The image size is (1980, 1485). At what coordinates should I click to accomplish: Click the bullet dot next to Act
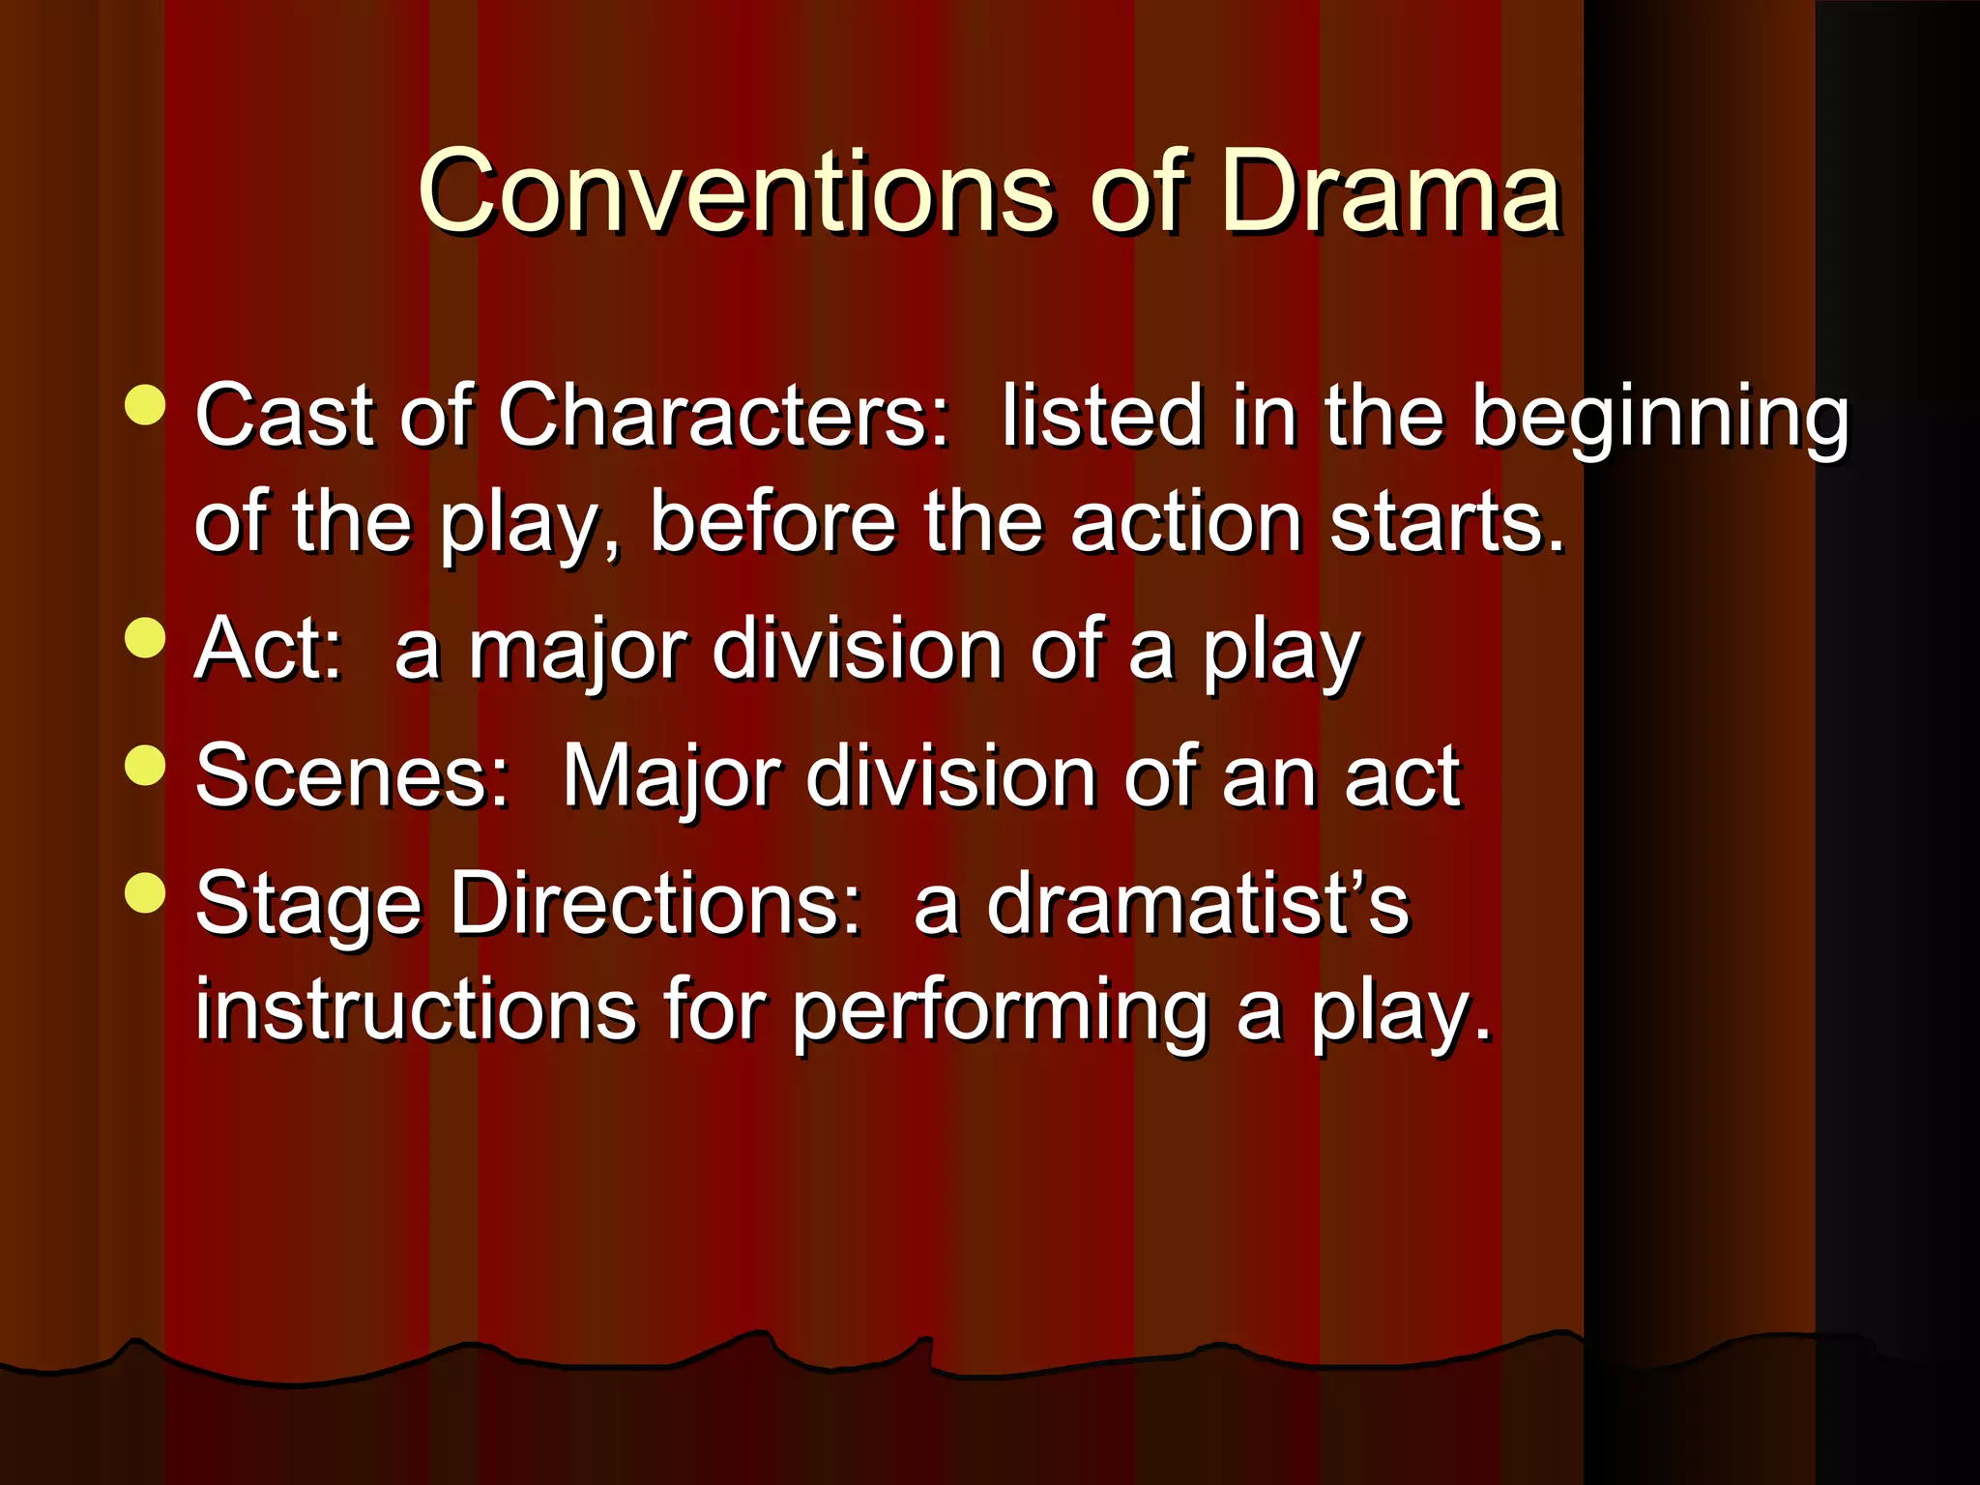pyautogui.click(x=146, y=638)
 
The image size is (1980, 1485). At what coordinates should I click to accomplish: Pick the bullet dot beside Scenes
pyautogui.click(x=146, y=766)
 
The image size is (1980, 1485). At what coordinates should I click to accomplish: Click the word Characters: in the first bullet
pyautogui.click(x=724, y=416)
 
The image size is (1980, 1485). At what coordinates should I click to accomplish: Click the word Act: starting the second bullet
pyautogui.click(x=269, y=649)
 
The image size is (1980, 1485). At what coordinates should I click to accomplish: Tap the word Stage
pyautogui.click(x=309, y=905)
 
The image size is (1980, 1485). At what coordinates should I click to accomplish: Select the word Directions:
pyautogui.click(x=655, y=903)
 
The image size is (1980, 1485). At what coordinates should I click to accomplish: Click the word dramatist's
pyautogui.click(x=1198, y=903)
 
